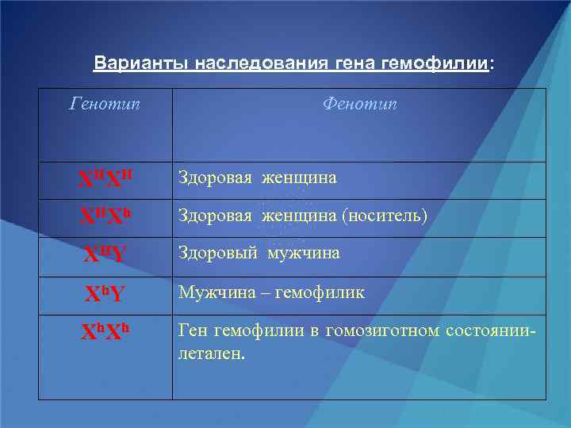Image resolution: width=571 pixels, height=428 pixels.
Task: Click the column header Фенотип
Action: [359, 105]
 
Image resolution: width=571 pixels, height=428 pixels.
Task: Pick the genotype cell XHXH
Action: [105, 180]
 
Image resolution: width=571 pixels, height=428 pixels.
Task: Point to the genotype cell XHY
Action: [105, 255]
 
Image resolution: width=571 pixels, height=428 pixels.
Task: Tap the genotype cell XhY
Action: [105, 294]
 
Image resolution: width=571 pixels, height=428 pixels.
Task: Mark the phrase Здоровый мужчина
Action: [259, 254]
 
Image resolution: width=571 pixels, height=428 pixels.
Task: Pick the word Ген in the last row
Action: [193, 331]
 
